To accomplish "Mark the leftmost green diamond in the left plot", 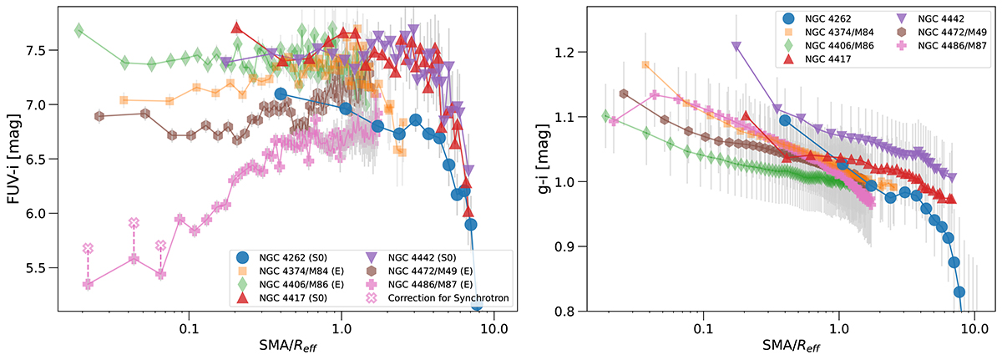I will pyautogui.click(x=79, y=31).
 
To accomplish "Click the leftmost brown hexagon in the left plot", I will pyautogui.click(x=99, y=116).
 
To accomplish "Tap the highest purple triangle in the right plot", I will pyautogui.click(x=736, y=47).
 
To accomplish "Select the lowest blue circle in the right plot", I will pyautogui.click(x=959, y=292).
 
